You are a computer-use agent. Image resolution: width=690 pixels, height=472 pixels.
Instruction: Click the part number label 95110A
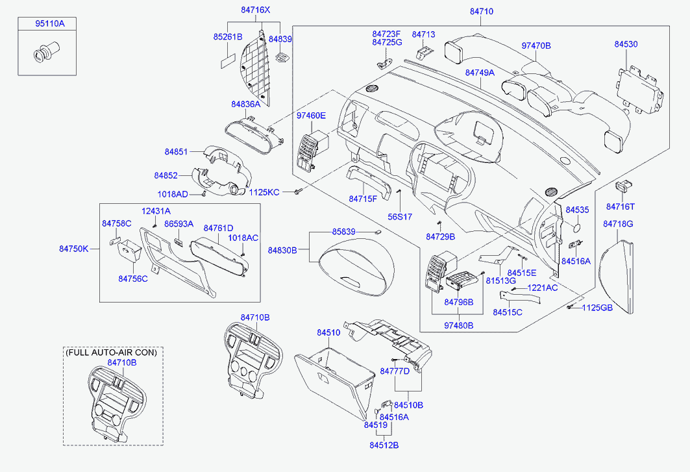click(x=50, y=24)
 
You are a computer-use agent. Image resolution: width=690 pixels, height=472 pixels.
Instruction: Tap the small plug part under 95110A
click(x=45, y=52)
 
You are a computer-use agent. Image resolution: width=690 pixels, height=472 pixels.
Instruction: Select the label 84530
click(x=626, y=44)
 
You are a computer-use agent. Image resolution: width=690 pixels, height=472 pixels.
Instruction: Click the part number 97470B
click(x=536, y=46)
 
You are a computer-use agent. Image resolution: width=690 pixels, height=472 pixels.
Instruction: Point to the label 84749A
click(x=480, y=73)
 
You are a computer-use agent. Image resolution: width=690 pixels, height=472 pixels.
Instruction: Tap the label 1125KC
click(x=264, y=192)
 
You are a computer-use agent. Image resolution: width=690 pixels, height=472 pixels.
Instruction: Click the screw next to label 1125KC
click(x=298, y=192)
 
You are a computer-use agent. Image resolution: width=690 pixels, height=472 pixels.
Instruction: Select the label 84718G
click(x=617, y=224)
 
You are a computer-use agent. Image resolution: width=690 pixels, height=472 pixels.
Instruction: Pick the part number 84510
click(x=328, y=332)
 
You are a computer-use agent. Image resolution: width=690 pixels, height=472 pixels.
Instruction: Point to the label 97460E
click(x=311, y=116)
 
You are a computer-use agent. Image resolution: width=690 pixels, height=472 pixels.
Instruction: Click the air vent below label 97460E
click(x=310, y=151)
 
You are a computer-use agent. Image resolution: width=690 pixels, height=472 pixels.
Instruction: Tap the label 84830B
click(x=282, y=250)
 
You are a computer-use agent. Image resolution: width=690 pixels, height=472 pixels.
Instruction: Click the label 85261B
click(x=227, y=37)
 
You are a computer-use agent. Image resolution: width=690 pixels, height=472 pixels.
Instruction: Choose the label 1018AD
click(x=173, y=194)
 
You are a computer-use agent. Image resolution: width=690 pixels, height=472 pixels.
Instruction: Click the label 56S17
click(x=400, y=216)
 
